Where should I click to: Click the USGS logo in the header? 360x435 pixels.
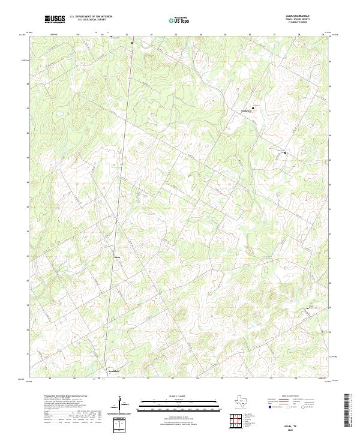pos(55,19)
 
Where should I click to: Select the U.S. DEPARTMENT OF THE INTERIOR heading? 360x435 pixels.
pos(91,17)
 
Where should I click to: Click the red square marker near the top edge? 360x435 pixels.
pos(131,43)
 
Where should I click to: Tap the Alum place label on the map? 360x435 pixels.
pos(117,259)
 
